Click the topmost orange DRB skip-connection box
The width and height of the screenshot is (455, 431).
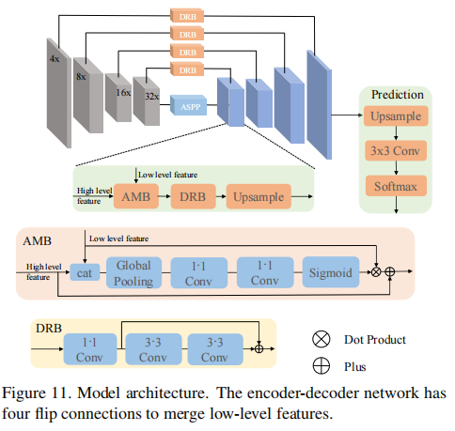point(186,15)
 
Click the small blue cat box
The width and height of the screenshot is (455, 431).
point(84,273)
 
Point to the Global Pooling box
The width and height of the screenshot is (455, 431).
point(133,273)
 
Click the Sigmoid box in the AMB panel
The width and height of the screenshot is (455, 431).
point(329,273)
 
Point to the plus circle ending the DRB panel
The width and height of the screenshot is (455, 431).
point(259,348)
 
